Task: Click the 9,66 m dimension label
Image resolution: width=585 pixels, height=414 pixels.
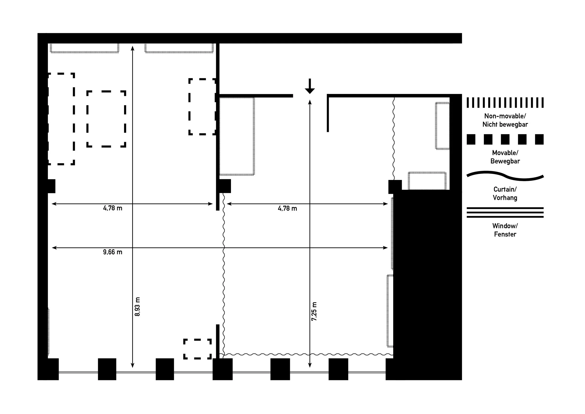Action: pyautogui.click(x=113, y=252)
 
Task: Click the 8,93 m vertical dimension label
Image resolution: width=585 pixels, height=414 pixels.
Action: pyautogui.click(x=137, y=307)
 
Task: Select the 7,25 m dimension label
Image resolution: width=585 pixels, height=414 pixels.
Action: pyautogui.click(x=314, y=311)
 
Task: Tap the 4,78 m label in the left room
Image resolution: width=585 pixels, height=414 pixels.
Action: pyautogui.click(x=113, y=208)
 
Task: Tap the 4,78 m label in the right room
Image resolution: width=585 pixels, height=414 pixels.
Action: pyautogui.click(x=287, y=208)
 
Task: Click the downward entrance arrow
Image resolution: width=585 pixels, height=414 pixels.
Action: pyautogui.click(x=310, y=86)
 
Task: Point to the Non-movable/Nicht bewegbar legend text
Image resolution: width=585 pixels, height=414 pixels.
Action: pyautogui.click(x=505, y=120)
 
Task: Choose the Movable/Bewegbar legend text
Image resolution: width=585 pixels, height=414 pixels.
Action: pyautogui.click(x=505, y=157)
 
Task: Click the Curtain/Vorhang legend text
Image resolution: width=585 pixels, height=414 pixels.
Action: pyautogui.click(x=505, y=193)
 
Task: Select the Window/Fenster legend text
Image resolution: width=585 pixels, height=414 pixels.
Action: pyautogui.click(x=505, y=230)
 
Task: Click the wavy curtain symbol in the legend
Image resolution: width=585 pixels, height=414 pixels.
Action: pyautogui.click(x=505, y=176)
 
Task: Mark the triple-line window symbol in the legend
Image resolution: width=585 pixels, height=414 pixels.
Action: pyautogui.click(x=505, y=213)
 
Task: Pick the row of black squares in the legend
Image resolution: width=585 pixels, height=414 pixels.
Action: pyautogui.click(x=505, y=139)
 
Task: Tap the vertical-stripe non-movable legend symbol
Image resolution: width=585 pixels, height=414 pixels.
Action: pyautogui.click(x=505, y=103)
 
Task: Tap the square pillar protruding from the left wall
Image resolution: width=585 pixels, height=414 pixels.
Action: pyautogui.click(x=51, y=186)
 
